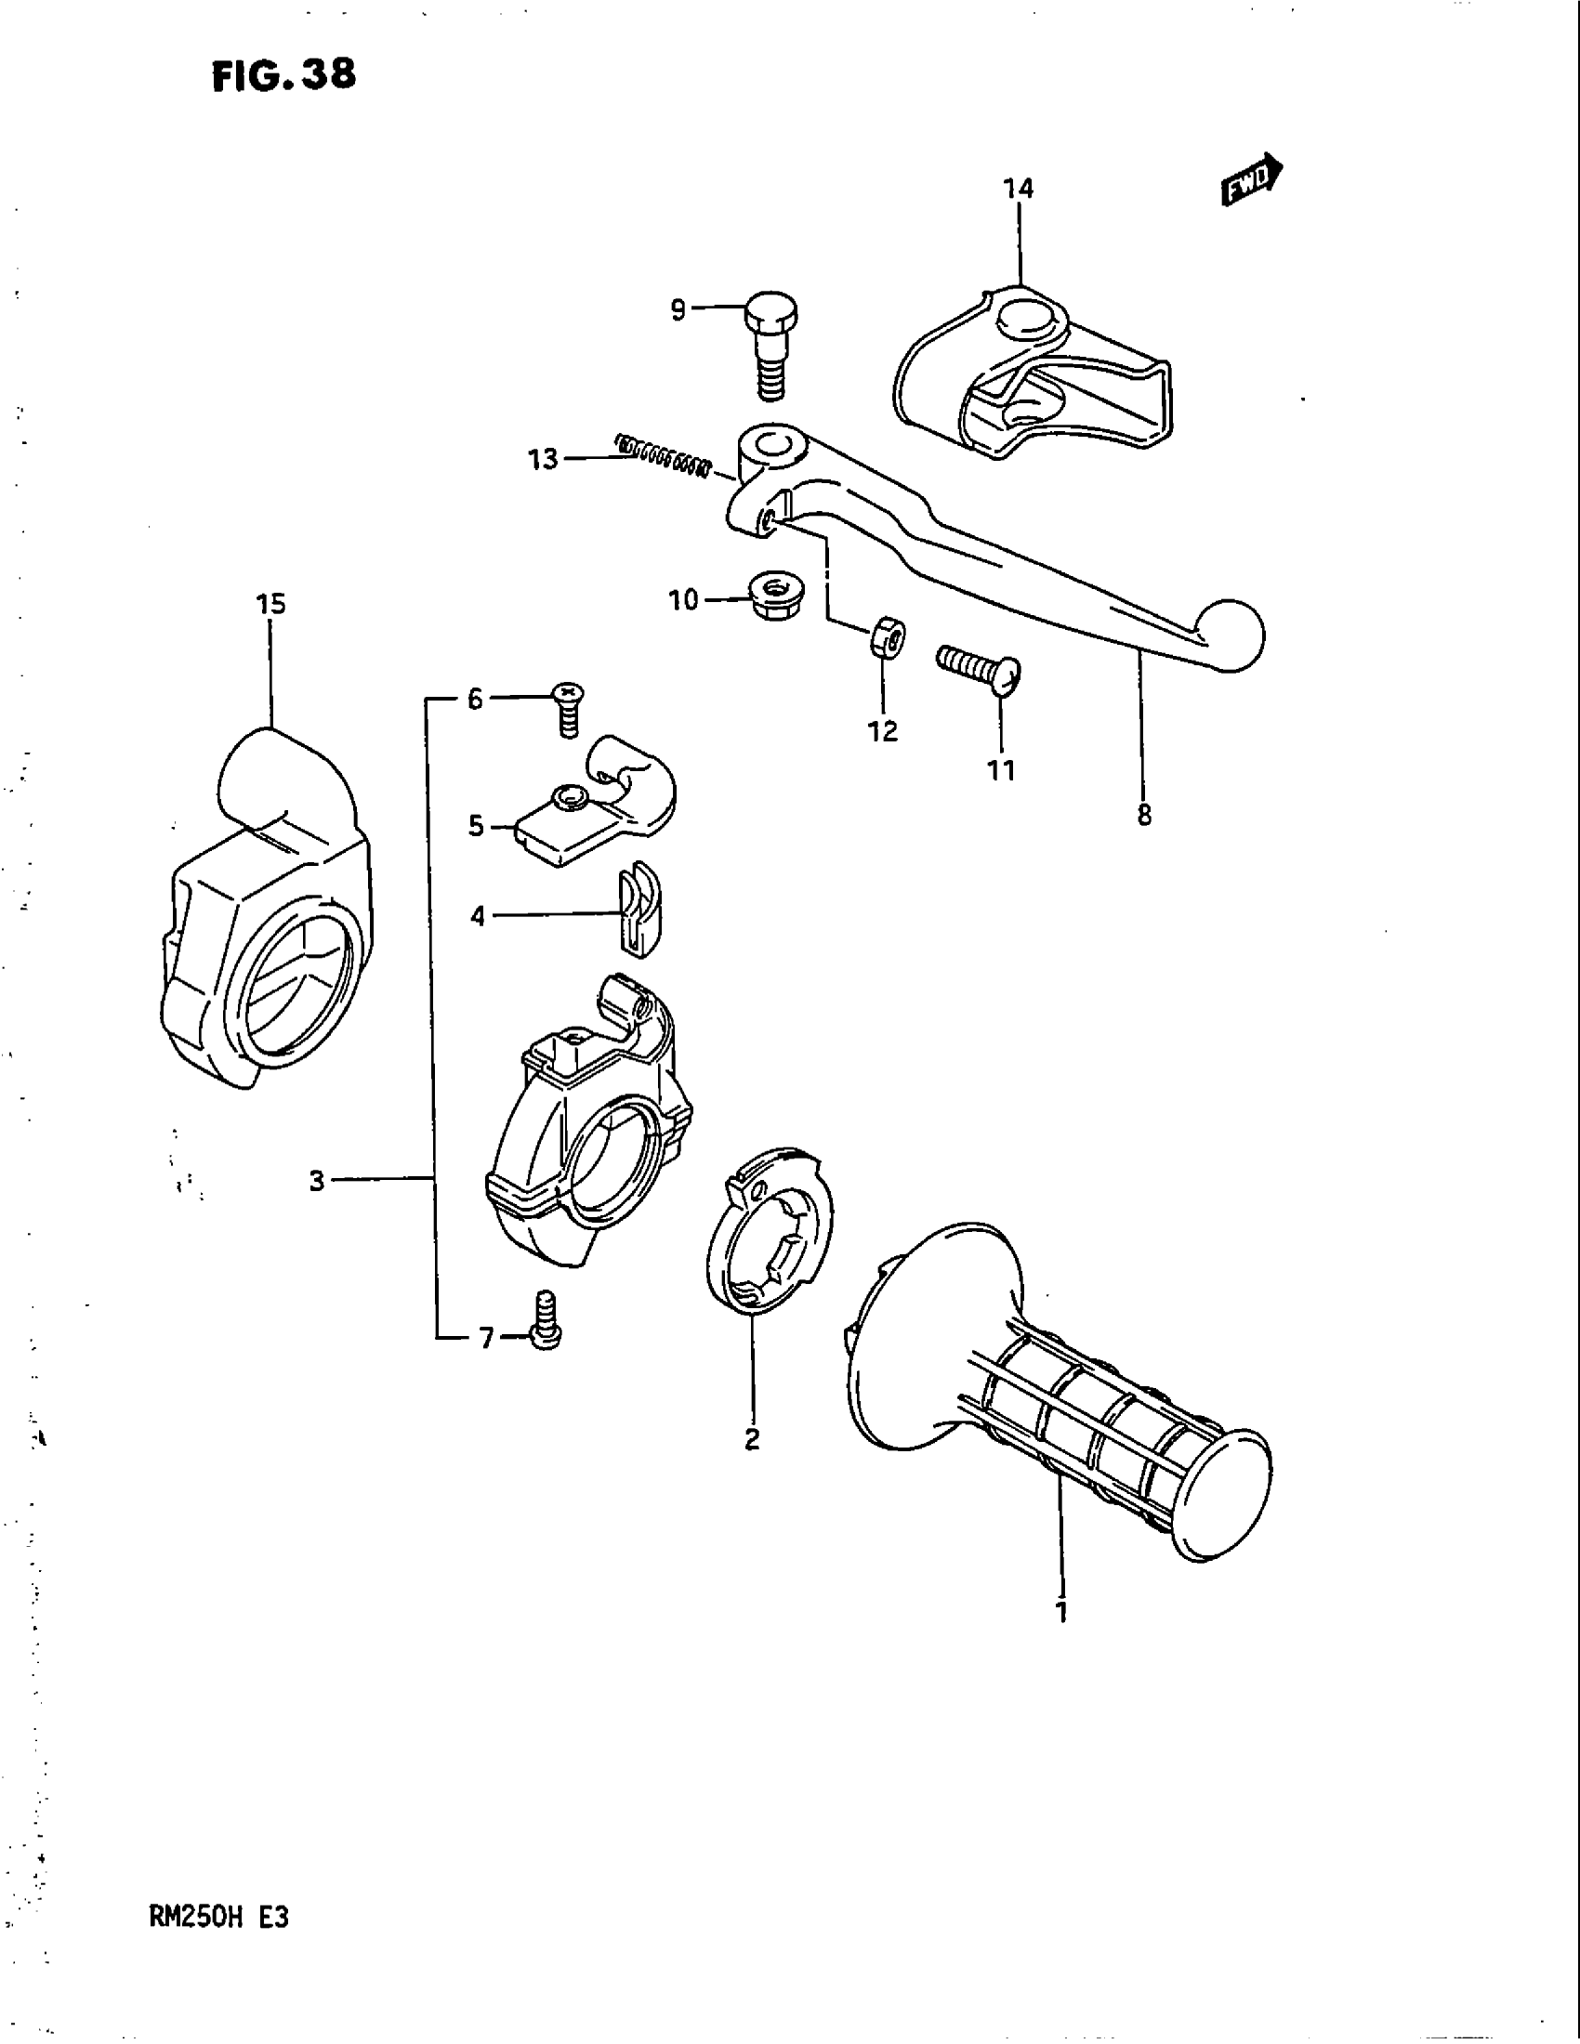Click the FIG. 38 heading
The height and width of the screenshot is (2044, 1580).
click(x=283, y=75)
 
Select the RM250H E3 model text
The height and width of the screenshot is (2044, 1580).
click(x=218, y=1918)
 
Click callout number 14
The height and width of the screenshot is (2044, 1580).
click(x=1019, y=189)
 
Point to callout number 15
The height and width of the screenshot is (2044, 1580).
click(x=270, y=605)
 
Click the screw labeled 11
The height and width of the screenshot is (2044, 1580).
click(x=979, y=665)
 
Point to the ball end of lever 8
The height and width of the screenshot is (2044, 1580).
click(x=1229, y=635)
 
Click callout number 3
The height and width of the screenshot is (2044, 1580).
click(x=317, y=1181)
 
